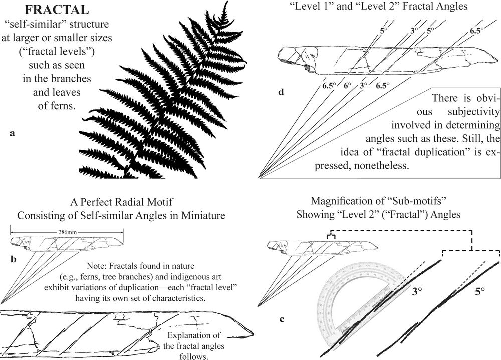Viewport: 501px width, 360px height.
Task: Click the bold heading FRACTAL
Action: tap(57, 10)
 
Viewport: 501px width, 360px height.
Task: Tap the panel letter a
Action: tap(12, 133)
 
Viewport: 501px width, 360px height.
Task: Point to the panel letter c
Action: tap(282, 319)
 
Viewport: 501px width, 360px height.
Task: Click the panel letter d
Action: tap(281, 92)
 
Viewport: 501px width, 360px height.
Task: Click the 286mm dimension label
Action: tap(67, 232)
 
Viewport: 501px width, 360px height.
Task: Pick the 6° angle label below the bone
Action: tap(347, 85)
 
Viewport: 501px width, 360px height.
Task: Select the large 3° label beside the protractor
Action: tap(417, 291)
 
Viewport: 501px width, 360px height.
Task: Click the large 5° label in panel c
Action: tap(480, 291)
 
